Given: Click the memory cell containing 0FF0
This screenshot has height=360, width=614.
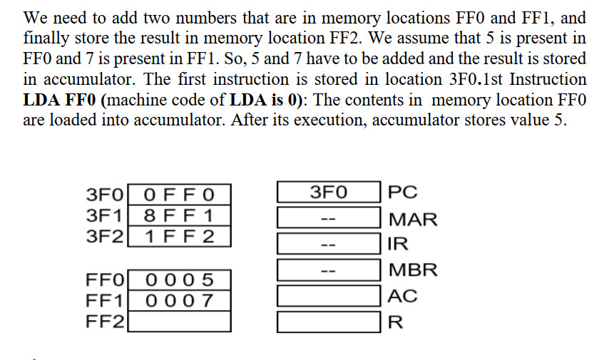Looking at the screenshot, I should [x=178, y=195].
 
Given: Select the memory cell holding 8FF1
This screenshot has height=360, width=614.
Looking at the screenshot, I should [x=178, y=216].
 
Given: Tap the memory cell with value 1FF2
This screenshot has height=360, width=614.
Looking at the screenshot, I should [x=178, y=237].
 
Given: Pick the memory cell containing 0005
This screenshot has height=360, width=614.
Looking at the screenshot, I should [x=178, y=279].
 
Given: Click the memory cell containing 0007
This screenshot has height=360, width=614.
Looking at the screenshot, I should [x=178, y=300].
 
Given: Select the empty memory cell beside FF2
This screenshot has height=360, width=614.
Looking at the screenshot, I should [x=178, y=322].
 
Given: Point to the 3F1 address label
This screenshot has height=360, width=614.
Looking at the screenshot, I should [x=105, y=216].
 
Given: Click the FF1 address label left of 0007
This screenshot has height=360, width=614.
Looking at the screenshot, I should [x=105, y=300].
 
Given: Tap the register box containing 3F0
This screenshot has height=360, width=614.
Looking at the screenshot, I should [x=328, y=192].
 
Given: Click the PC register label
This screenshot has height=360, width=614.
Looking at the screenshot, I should [x=404, y=192].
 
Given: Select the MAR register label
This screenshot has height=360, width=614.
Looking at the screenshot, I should [x=412, y=219].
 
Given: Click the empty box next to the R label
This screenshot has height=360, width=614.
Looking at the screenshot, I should [x=328, y=322].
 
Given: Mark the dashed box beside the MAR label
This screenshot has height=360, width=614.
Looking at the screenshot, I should [x=328, y=218].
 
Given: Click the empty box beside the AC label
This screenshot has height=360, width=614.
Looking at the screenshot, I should [x=328, y=296].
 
